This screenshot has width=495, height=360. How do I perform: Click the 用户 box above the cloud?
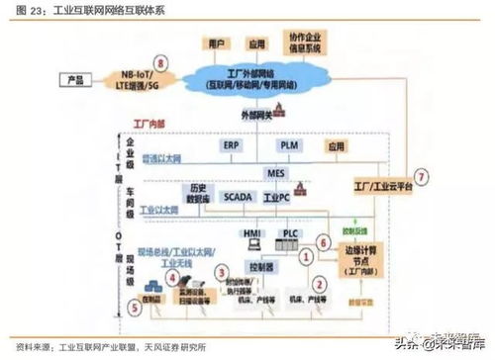point(219,45)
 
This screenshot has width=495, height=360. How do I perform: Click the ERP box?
point(230,144)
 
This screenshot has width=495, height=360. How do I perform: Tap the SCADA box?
point(239,197)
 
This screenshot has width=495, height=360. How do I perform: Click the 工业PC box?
point(282,197)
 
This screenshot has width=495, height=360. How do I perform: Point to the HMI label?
point(251,233)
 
